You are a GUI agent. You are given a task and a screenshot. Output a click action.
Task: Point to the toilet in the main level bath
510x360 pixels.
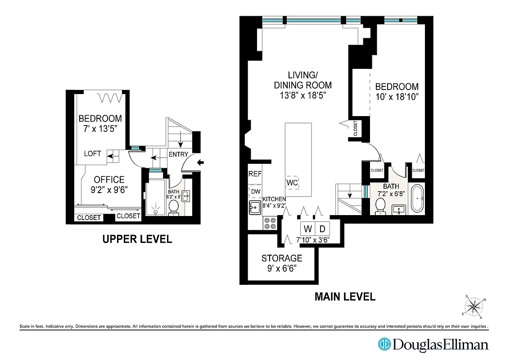tap(380, 206)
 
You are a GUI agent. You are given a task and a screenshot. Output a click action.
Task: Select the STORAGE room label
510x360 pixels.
tap(282, 258)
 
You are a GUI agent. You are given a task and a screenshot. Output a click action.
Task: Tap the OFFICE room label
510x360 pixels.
tap(109, 180)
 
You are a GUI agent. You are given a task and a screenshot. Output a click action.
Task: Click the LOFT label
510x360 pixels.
tap(93, 153)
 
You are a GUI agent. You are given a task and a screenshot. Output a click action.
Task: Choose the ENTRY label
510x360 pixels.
tap(178, 154)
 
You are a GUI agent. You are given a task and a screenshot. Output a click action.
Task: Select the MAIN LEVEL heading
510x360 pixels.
tap(344, 297)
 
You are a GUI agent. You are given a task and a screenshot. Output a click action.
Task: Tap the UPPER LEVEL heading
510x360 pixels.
tap(137, 239)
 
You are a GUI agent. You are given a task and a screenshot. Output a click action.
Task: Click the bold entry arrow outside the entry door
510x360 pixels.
tap(201, 162)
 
